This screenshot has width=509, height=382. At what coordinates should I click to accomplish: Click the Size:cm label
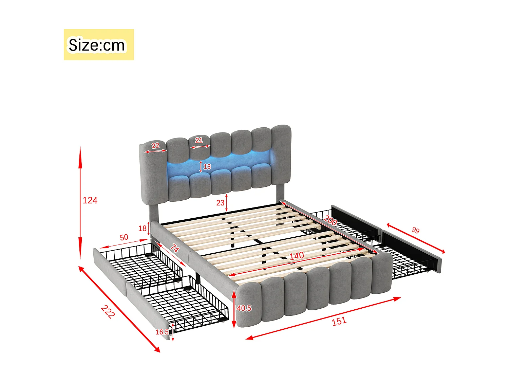click(x=97, y=45)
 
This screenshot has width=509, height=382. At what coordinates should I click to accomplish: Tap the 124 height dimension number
click(x=90, y=200)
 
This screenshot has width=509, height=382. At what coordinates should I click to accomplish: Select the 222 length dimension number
click(x=108, y=311)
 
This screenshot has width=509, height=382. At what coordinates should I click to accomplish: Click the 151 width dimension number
click(x=339, y=321)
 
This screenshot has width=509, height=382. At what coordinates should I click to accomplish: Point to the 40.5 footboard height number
click(x=244, y=308)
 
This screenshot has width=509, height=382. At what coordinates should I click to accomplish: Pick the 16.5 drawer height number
click(x=162, y=332)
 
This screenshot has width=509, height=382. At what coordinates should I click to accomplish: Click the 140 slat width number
click(x=296, y=256)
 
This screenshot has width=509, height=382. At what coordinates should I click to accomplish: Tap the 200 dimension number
click(x=330, y=221)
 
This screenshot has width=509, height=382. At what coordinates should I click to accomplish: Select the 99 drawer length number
click(x=415, y=231)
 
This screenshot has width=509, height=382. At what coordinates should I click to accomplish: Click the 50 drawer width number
click(x=124, y=237)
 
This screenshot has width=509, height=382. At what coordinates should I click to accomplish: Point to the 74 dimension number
click(x=174, y=249)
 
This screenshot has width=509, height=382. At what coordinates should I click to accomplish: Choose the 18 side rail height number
click(x=143, y=228)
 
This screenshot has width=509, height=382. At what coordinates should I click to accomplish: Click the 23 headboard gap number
click(x=220, y=203)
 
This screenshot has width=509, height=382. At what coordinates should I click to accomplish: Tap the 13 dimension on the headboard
click(x=207, y=166)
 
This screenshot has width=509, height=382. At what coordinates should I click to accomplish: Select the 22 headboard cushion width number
click(x=155, y=145)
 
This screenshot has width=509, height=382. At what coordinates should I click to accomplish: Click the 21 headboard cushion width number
click(x=199, y=140)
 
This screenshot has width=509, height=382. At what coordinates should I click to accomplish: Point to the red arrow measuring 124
click(x=80, y=204)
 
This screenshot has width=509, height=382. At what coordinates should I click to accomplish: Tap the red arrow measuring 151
click(x=323, y=318)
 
